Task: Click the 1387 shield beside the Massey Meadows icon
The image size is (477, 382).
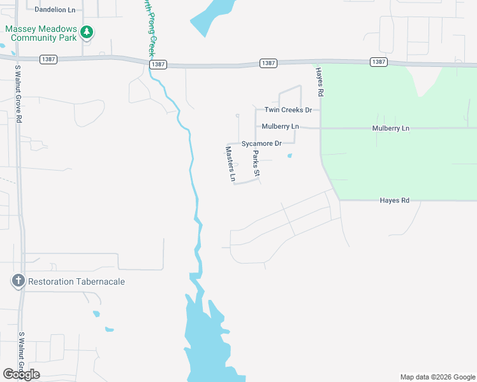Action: coord(48,59)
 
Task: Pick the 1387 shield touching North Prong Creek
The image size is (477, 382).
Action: coord(159,64)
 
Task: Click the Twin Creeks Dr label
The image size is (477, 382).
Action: coord(288,110)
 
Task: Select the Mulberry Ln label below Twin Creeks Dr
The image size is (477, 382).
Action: coord(281,127)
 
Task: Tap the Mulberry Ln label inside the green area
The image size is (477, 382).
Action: coord(391,128)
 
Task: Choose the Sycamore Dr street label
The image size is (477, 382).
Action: coord(261,144)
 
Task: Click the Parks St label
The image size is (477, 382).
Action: coord(256,164)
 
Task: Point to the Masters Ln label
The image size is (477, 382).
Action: coord(230,164)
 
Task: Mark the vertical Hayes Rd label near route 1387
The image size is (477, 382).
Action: coord(320,83)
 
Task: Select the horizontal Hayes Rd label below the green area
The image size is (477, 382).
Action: coord(394,200)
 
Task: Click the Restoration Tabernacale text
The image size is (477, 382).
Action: coord(71,281)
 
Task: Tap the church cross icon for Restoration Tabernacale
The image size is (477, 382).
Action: coord(18,281)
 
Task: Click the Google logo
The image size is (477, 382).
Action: coord(22,374)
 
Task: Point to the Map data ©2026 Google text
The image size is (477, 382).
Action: coord(437,377)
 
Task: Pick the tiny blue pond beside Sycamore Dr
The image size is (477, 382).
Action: coord(290,155)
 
